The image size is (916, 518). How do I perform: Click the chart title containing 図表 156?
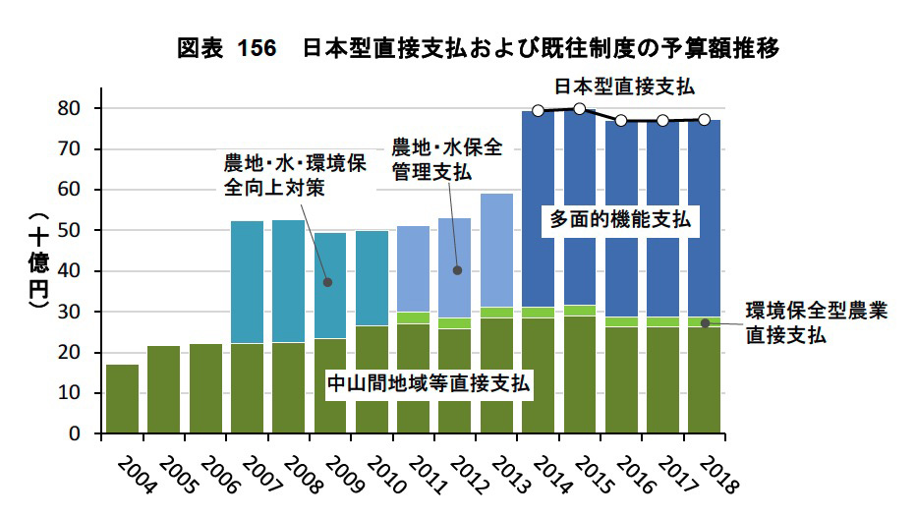coord(479,47)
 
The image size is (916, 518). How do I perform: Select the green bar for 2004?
coord(122,398)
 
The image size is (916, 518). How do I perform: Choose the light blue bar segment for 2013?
coord(496,250)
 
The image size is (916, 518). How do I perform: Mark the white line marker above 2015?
coord(580,109)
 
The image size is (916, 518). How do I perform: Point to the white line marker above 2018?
coord(704,120)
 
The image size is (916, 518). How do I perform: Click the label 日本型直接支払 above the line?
coord(623,86)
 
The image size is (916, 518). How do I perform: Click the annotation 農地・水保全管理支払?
coord(445,159)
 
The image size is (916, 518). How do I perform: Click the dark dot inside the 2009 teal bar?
coord(328,282)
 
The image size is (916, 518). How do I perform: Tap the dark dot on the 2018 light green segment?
coord(705,322)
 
